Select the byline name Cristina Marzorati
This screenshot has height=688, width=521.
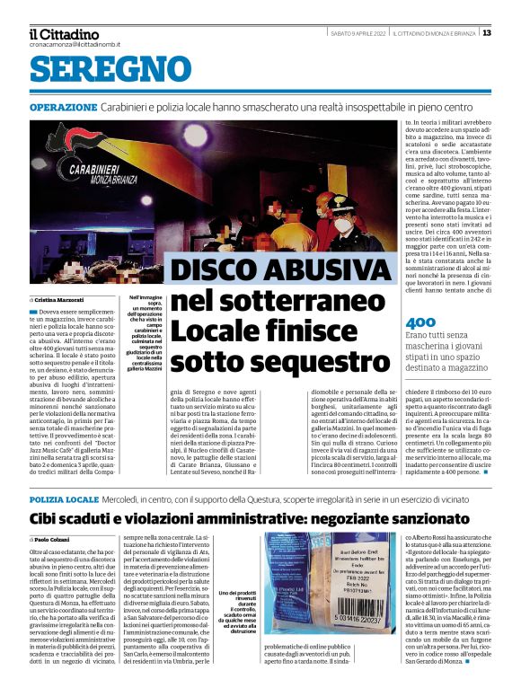tap(60, 299)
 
